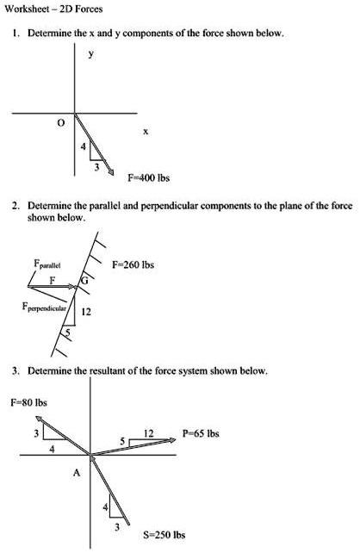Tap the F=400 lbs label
[x=148, y=178]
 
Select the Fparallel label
[x=47, y=263]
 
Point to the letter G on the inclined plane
[x=84, y=280]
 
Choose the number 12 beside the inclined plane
[x=85, y=312]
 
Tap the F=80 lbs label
[x=28, y=401]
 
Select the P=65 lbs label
[x=202, y=434]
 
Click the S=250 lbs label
[x=164, y=534]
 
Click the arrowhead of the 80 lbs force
[x=38, y=415]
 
